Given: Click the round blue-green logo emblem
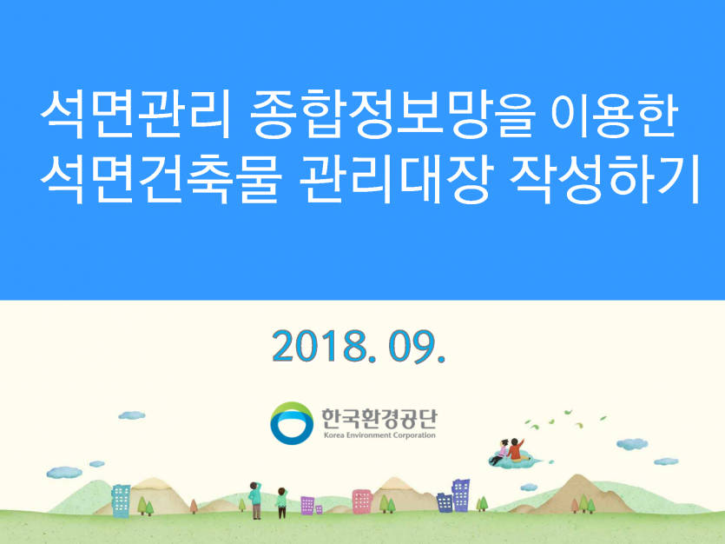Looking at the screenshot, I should tap(291, 422).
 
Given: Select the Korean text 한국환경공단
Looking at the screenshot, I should tap(376, 417).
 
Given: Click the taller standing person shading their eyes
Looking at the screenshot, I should tap(255, 499).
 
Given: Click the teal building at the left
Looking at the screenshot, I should tap(121, 499).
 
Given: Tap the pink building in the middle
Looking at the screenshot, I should tap(361, 501).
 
